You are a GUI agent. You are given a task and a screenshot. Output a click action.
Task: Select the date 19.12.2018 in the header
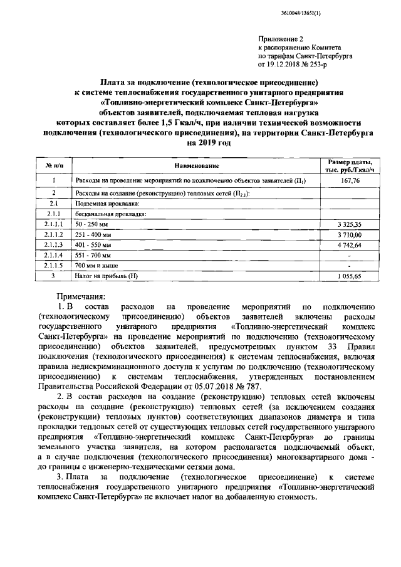[x=286, y=64]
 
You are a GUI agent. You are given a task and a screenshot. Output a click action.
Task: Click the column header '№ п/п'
[x=55, y=165]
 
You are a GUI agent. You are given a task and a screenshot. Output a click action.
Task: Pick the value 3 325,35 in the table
[x=348, y=224]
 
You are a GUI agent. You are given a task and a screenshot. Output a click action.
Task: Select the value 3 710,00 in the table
[x=348, y=234]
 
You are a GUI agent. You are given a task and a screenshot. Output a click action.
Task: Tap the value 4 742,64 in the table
[x=348, y=245]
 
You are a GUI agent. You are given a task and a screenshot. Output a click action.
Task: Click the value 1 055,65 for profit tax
[x=348, y=276]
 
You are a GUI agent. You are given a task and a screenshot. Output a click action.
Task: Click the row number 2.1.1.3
[x=55, y=245]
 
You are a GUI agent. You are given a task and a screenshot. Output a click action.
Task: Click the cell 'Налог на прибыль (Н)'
[x=106, y=276]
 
